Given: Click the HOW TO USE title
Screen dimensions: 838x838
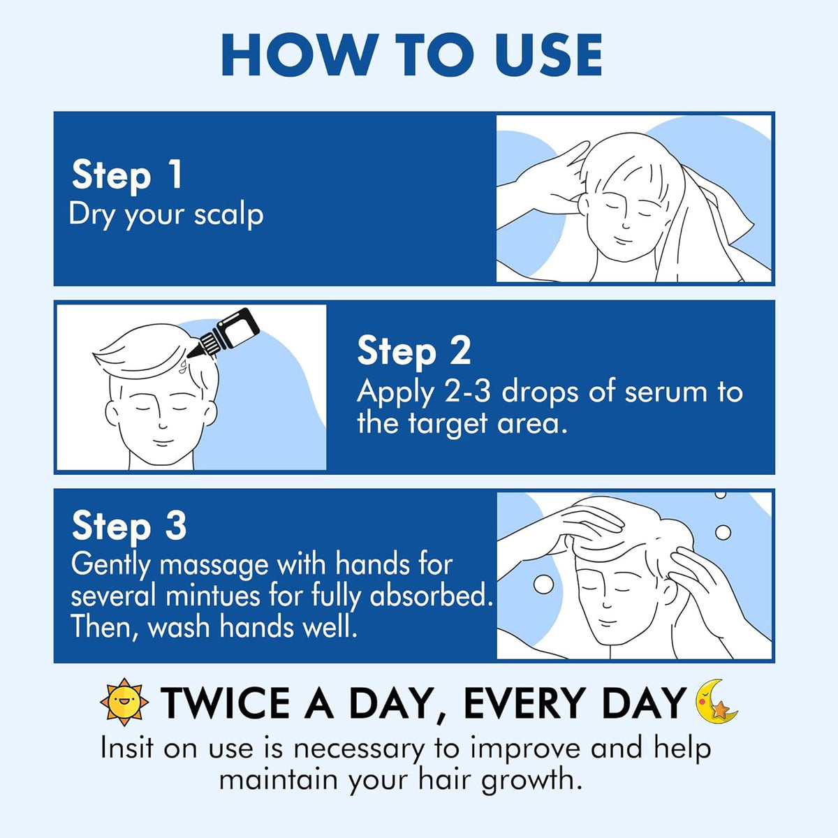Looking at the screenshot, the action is point(411,55).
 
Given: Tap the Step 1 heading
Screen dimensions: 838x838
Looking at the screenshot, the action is point(126,175).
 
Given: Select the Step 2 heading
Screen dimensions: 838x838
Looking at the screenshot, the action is point(413,352).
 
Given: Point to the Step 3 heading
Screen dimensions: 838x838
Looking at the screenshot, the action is point(128,527).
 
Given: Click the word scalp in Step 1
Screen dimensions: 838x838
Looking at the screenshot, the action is point(228,215).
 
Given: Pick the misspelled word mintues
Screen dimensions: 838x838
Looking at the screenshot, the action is point(213,596).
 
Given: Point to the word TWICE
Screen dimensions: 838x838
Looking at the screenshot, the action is point(226,703).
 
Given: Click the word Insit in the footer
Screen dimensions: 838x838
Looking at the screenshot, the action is point(127,749).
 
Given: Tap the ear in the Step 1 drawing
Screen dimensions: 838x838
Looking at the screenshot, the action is point(584,205).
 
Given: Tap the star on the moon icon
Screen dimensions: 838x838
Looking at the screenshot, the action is point(720,710).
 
